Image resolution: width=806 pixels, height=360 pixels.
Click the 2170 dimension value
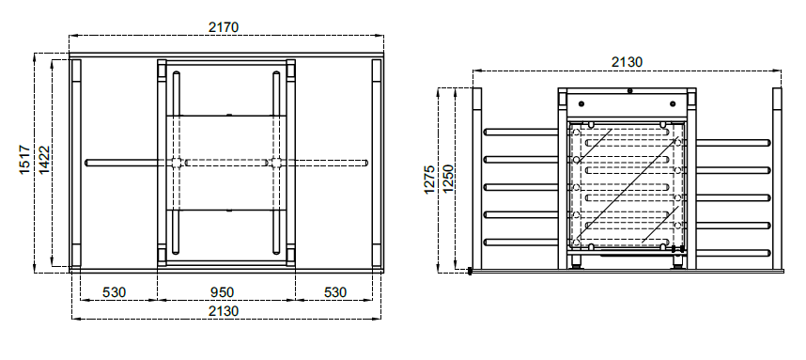coord(224,26)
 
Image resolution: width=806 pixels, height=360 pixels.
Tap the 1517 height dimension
coord(25,160)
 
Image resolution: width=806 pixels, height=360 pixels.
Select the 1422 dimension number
coord(44,160)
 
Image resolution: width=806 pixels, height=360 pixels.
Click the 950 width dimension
coord(222,292)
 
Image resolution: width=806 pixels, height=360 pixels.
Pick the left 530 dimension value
coord(114,292)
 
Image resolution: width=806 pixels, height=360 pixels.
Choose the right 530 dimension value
coord(335,292)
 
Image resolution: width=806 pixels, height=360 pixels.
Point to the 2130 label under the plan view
coord(224,311)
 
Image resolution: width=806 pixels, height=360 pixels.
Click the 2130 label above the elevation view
coord(627,62)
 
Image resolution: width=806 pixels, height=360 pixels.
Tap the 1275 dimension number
coord(429,179)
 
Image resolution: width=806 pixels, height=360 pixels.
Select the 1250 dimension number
coord(448,179)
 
